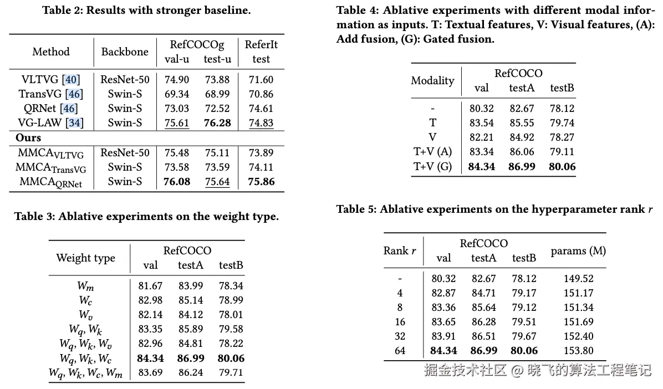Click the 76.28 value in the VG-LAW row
point(217,122)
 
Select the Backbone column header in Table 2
point(125,52)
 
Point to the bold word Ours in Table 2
point(28,138)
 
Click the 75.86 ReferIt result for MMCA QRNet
point(261,181)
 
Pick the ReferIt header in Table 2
point(261,44)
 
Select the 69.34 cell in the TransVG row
point(177,94)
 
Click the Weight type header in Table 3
point(85,258)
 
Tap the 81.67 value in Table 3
point(150,286)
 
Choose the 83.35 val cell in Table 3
point(150,329)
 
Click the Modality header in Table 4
point(432,80)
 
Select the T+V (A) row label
point(432,151)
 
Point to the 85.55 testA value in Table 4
point(522,122)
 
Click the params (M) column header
point(578,250)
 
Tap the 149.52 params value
point(578,278)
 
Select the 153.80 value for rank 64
point(578,350)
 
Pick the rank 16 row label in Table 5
point(400,321)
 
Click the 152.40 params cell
point(578,336)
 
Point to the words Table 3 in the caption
point(34,217)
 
